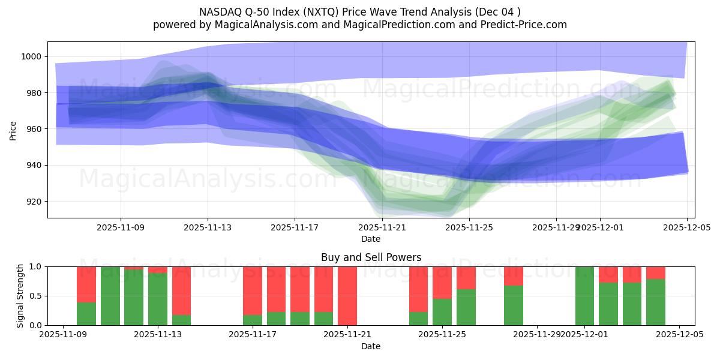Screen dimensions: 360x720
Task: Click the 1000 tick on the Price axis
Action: pos(31,56)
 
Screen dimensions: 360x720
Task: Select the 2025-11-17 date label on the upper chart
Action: pos(295,228)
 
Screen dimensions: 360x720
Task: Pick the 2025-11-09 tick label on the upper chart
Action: pos(121,228)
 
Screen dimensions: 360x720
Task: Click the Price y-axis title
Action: pos(13,130)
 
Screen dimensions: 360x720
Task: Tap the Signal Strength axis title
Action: pos(20,296)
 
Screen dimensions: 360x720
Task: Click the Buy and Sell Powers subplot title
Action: pos(371,257)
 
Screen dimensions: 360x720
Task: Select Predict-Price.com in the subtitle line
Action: pos(525,25)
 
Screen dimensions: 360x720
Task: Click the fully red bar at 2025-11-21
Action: pos(347,296)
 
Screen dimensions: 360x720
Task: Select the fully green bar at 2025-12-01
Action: pos(584,296)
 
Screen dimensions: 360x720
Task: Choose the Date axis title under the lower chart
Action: pos(371,346)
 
